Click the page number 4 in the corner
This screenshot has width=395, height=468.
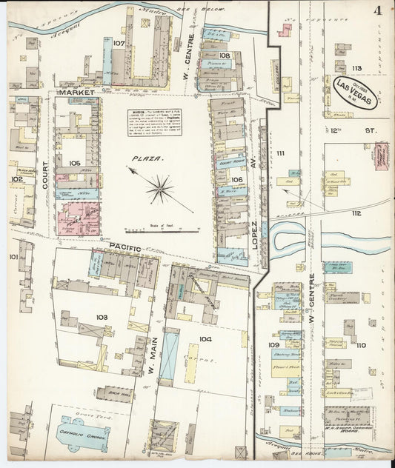[378, 10]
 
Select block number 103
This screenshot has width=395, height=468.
[102, 317]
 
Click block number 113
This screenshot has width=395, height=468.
[356, 68]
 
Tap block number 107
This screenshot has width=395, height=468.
[119, 44]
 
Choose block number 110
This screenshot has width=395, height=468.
[361, 345]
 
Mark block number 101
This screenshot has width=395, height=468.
[13, 256]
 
